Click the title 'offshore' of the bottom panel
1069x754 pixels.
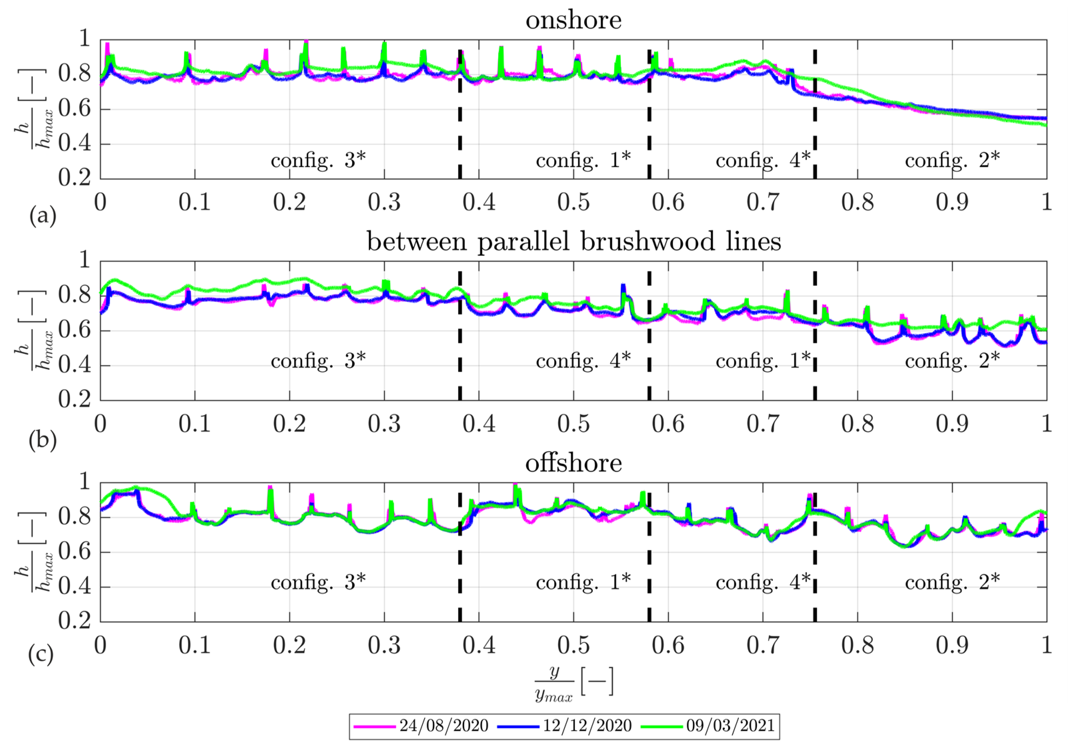coord(574,464)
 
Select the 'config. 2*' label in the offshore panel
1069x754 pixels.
coord(952,582)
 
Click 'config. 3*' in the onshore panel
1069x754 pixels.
coord(318,161)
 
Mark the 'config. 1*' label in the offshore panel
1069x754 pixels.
coord(584,582)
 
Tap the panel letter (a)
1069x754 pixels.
coord(43,217)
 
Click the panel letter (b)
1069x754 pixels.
coord(43,440)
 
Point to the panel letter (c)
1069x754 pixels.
coord(41,654)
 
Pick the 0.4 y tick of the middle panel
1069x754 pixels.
coord(74,366)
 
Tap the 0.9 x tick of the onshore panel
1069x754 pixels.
coord(952,203)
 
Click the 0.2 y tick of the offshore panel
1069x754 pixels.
coord(74,622)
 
